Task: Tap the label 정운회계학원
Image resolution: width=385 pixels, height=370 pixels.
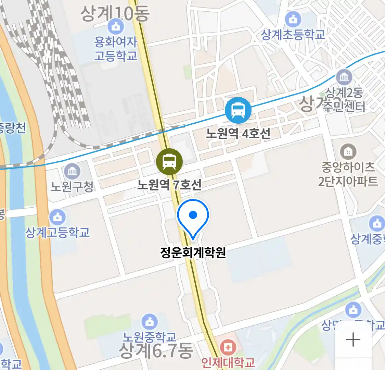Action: click(x=193, y=253)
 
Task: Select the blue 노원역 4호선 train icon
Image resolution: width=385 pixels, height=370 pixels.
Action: click(x=238, y=110)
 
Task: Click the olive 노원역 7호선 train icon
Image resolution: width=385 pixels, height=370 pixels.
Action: click(x=169, y=162)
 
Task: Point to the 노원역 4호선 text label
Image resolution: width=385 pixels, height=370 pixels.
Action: click(x=238, y=133)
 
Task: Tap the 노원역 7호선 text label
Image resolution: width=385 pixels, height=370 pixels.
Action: click(x=169, y=185)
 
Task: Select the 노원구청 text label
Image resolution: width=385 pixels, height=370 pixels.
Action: click(x=72, y=186)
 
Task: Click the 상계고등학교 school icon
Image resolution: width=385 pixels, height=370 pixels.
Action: click(x=57, y=217)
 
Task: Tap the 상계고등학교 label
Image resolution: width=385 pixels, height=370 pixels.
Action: click(x=57, y=232)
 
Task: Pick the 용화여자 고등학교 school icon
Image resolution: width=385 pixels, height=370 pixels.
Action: click(x=116, y=26)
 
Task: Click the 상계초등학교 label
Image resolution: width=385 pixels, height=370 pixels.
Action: click(x=293, y=35)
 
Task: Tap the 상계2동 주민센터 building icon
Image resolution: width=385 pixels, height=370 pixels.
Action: click(x=344, y=77)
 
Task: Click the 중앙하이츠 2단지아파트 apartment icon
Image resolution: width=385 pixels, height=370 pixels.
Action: click(x=348, y=151)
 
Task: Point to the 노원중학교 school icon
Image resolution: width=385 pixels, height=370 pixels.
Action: click(x=150, y=322)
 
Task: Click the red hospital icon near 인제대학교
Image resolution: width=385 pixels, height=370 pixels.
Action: click(x=228, y=348)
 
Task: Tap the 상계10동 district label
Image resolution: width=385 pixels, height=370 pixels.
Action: click(x=115, y=13)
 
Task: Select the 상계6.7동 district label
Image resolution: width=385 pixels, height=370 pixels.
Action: click(x=156, y=350)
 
